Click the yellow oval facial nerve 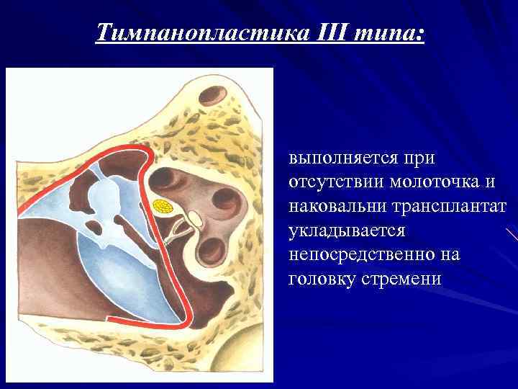(x=163, y=206)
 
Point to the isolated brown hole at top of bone (x=212, y=94)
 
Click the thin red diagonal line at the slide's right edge (x=512, y=234)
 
